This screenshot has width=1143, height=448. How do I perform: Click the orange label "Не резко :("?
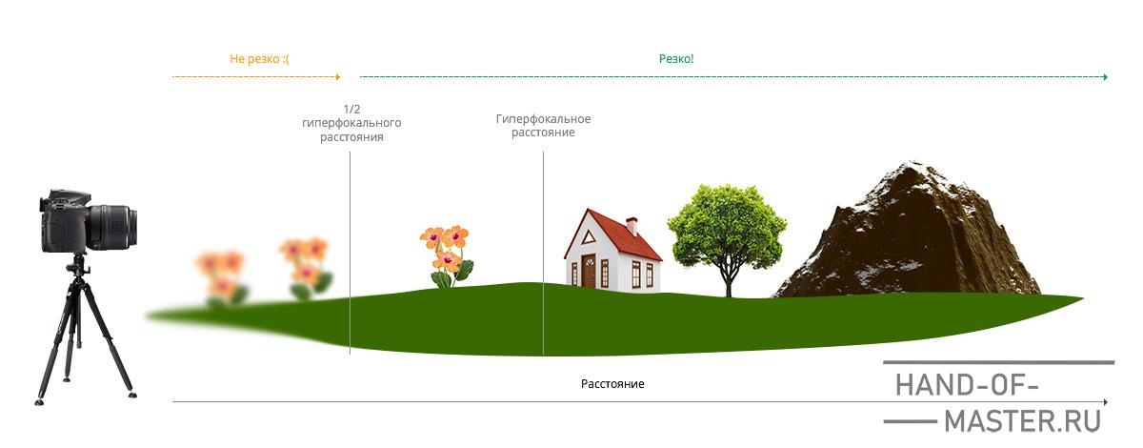click(259, 59)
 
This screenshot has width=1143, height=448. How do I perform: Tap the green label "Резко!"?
click(676, 59)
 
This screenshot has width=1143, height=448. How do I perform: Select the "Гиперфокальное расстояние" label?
click(543, 126)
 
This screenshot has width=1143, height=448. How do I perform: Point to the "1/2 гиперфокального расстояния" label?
click(351, 123)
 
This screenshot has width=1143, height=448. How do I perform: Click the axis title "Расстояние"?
click(612, 384)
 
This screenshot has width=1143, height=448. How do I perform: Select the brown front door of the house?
click(589, 272)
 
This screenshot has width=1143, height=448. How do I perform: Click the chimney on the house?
click(632, 225)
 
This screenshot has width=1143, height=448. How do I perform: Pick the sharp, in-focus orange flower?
click(445, 250)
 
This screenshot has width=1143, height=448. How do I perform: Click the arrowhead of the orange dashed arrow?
click(338, 76)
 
